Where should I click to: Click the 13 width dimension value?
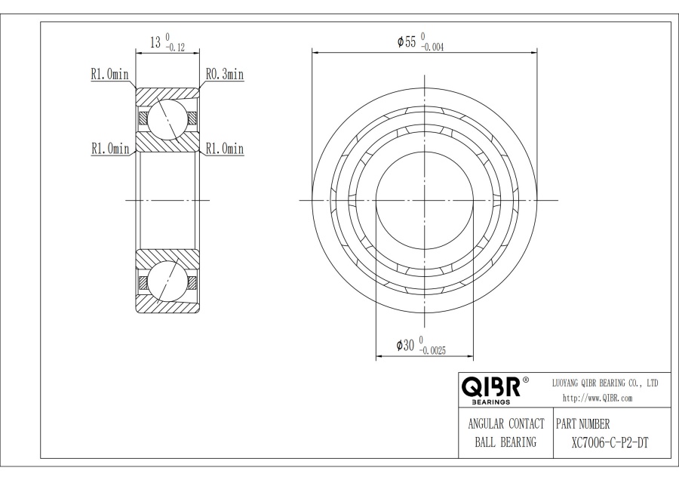click(x=155, y=42)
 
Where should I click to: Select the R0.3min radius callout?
click(x=224, y=75)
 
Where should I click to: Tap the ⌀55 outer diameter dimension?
click(x=407, y=42)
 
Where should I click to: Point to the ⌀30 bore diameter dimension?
click(x=405, y=345)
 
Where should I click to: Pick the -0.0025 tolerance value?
click(x=432, y=351)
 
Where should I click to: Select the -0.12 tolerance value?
click(x=174, y=48)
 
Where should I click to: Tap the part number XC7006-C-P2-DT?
click(x=610, y=443)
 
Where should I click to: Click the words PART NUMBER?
click(x=583, y=423)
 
